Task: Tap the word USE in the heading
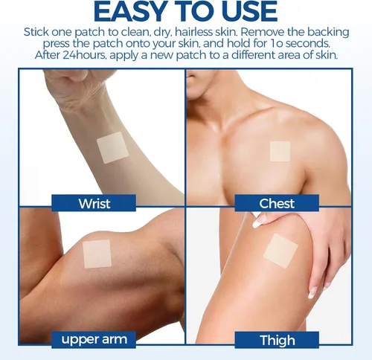249,11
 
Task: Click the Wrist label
94,203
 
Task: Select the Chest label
277,203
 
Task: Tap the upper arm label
94,339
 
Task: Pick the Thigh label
277,340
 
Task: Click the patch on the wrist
112,147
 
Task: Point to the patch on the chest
280,151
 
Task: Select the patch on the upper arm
97,254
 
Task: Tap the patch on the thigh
280,251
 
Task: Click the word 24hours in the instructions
83,55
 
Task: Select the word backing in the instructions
328,33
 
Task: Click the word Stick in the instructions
36,32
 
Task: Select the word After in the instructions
47,55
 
